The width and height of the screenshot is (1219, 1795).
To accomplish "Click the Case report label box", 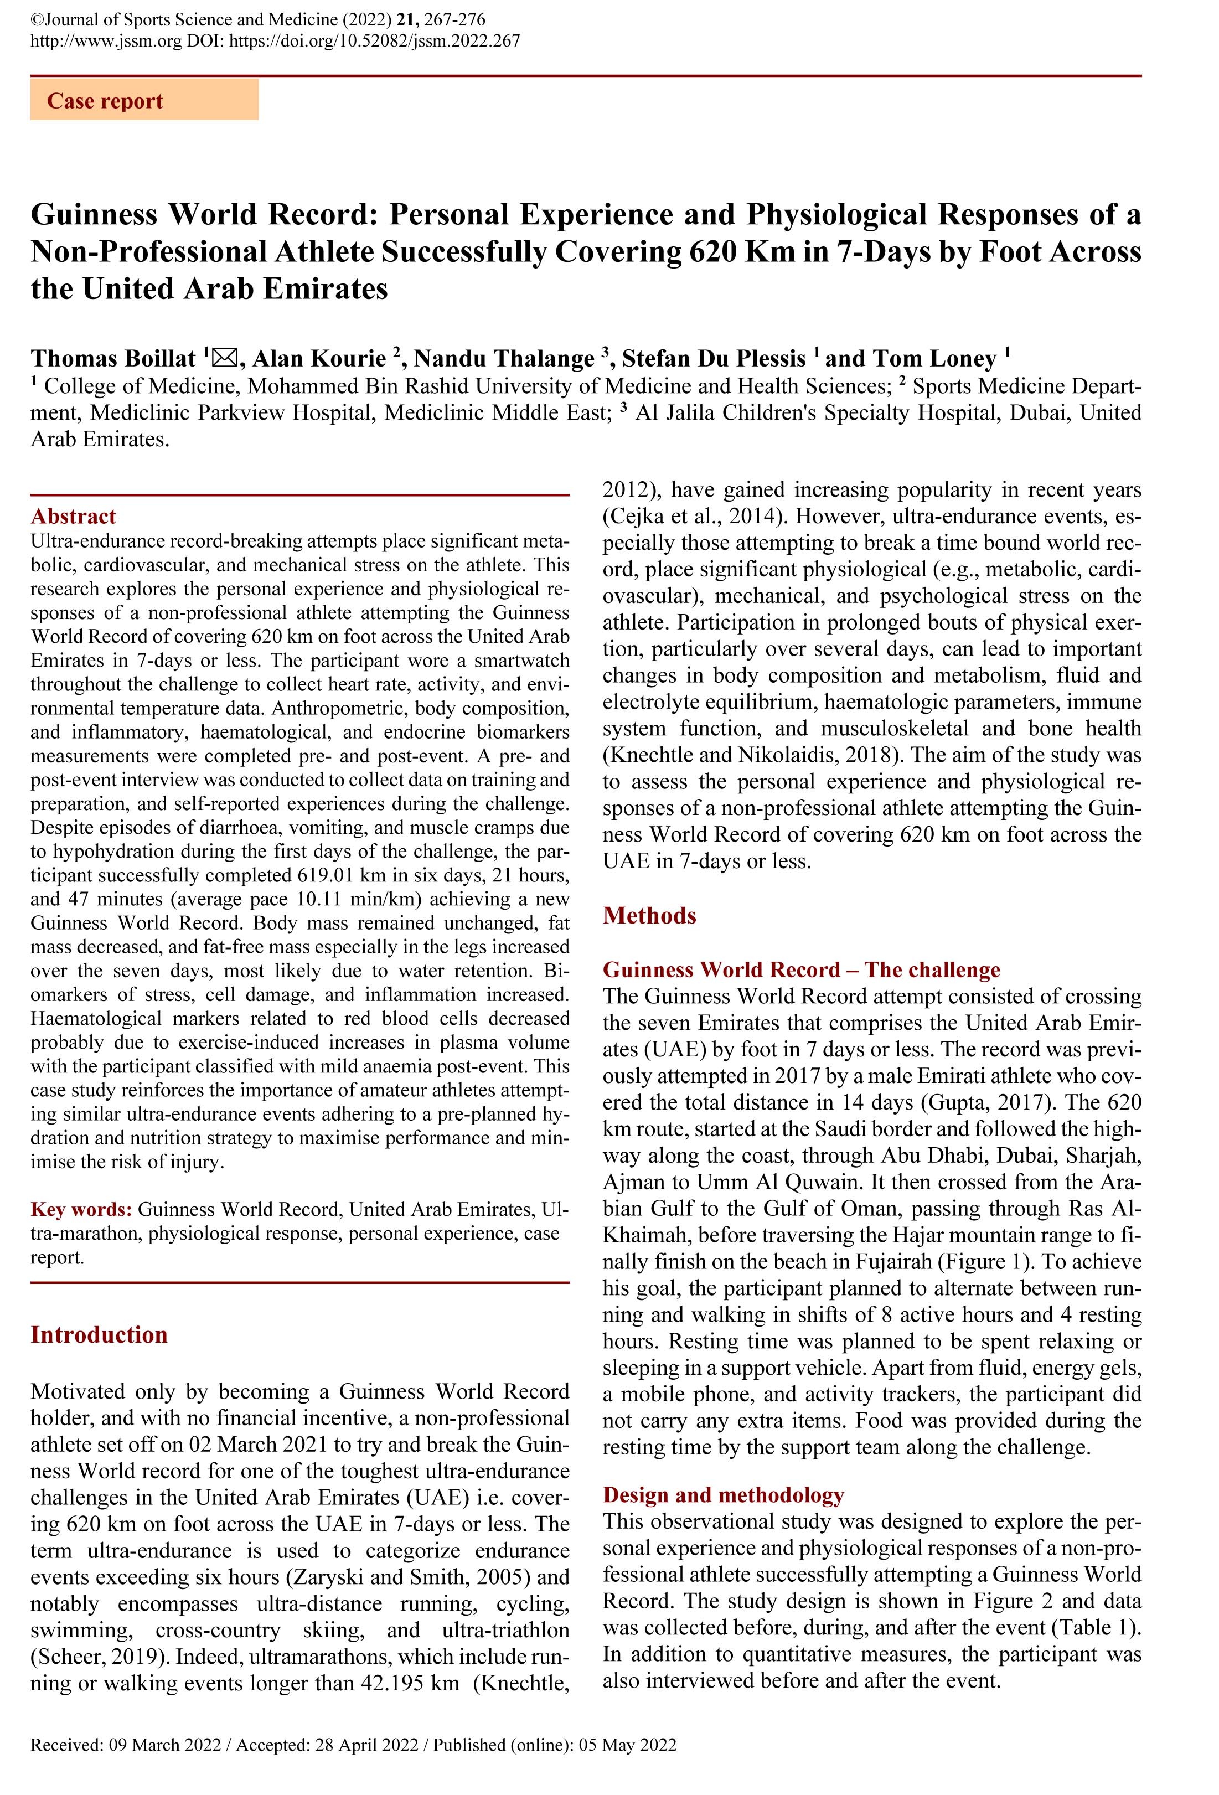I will [x=144, y=101].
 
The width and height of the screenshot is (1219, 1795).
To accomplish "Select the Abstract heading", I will [x=74, y=516].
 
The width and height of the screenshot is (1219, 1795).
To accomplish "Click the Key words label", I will [x=81, y=1209].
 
